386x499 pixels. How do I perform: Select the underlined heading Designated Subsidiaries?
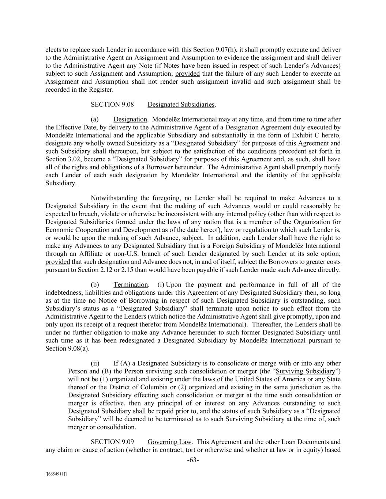click(181, 105)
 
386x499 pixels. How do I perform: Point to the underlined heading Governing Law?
click(169, 442)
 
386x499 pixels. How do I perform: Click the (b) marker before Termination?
click(94, 284)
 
